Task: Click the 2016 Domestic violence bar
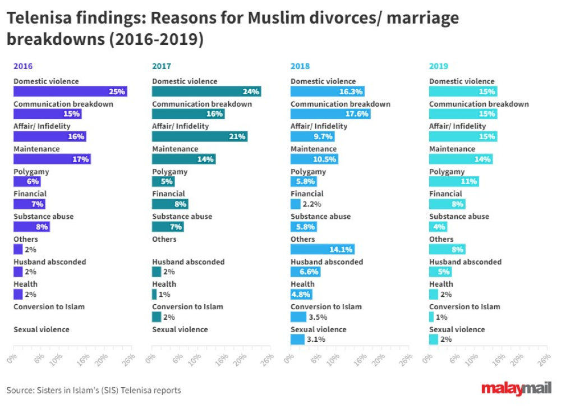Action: [x=70, y=91]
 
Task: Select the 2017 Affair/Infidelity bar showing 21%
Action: [x=199, y=136]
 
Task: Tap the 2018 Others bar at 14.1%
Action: [x=322, y=249]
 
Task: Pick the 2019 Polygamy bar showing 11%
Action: [x=454, y=181]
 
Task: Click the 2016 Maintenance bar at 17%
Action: [x=52, y=159]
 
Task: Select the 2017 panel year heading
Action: [x=161, y=66]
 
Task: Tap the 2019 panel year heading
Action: [x=438, y=66]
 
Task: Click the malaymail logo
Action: [x=516, y=389]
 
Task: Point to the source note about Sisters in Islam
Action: [x=94, y=390]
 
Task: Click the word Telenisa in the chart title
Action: [x=38, y=19]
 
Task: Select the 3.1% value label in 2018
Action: [x=316, y=339]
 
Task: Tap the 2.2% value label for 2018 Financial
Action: [x=312, y=204]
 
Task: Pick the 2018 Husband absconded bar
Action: [x=305, y=272]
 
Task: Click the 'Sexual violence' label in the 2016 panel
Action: [x=42, y=329]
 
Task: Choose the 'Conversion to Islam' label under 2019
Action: [x=465, y=307]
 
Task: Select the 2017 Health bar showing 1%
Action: [x=154, y=294]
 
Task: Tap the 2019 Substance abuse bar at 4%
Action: [x=438, y=227]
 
